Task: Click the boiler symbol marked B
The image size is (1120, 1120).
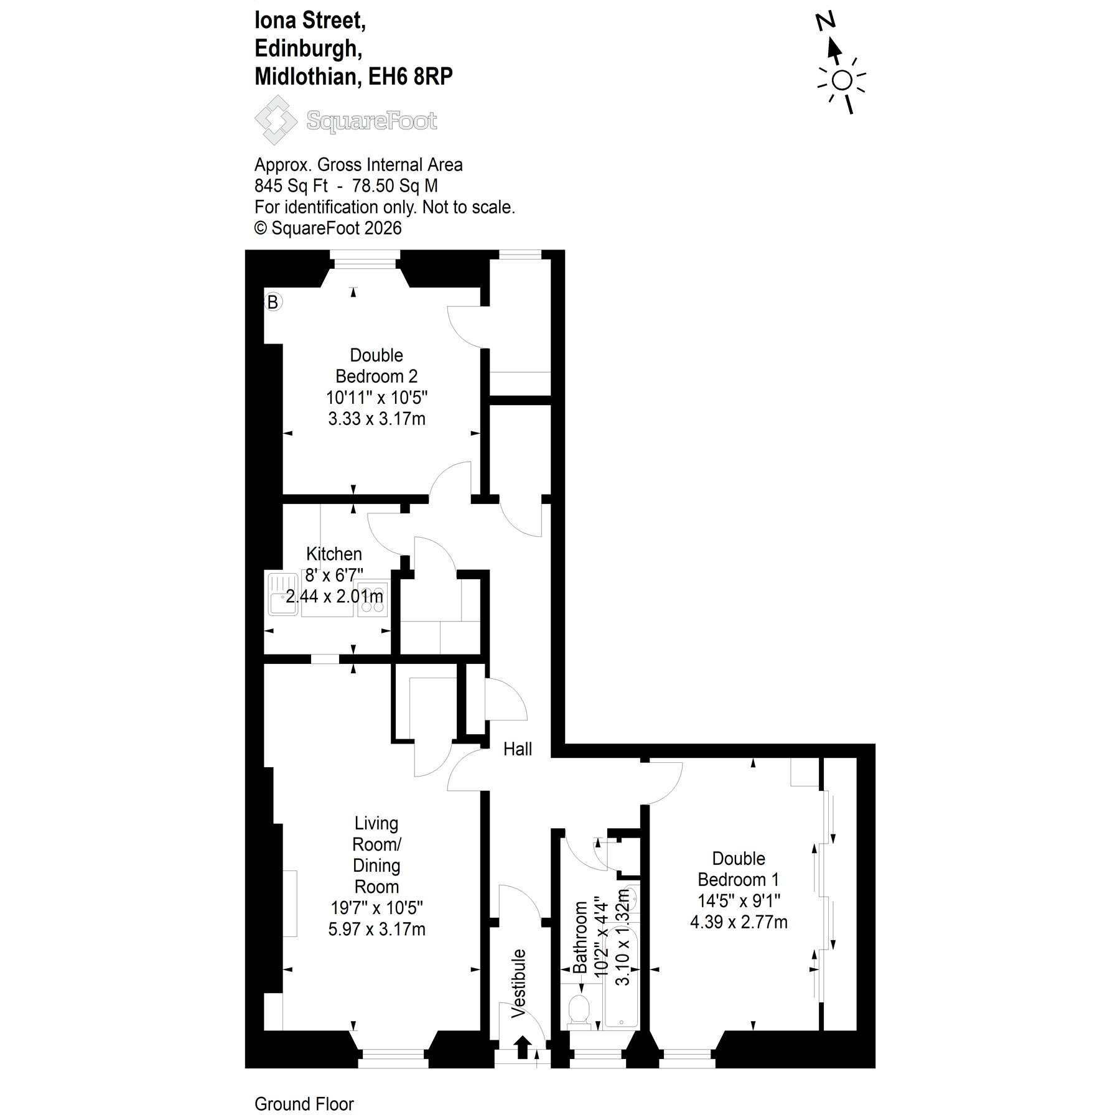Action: pos(273,302)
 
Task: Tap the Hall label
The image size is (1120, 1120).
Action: pos(518,749)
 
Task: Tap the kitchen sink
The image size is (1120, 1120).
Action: pos(284,594)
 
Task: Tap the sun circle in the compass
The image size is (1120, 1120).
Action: pos(842,81)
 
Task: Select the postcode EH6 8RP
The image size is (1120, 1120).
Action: pos(411,77)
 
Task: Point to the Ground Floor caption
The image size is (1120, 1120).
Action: pos(304,1104)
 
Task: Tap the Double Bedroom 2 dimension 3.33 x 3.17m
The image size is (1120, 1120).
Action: pos(377,419)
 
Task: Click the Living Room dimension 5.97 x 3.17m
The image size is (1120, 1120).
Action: pos(377,929)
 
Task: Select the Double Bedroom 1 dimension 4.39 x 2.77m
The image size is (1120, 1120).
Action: pos(739,922)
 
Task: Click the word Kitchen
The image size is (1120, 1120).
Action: pos(334,554)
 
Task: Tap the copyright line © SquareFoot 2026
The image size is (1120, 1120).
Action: pos(328,228)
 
